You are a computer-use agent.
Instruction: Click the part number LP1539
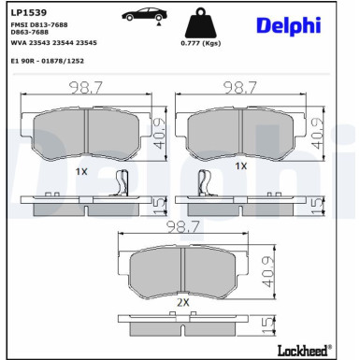point(27,13)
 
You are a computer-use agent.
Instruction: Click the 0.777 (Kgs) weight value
point(200,43)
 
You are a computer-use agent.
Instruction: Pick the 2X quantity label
point(182,304)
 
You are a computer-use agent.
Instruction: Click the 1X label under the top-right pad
point(240,165)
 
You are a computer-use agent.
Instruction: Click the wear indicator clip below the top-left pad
point(119,185)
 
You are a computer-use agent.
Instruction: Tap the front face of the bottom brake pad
point(184,273)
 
